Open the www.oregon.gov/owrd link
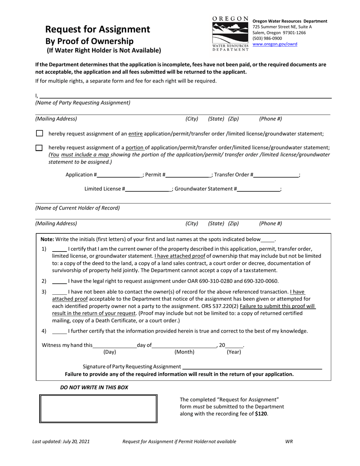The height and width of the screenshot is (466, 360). [x=275, y=44]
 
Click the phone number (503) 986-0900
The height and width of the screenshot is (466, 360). [x=267, y=38]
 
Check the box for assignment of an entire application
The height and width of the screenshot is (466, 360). [x=39, y=133]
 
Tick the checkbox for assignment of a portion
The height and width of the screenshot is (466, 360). [x=39, y=148]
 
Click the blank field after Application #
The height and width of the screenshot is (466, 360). [x=119, y=175]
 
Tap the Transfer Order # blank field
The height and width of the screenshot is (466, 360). [x=276, y=175]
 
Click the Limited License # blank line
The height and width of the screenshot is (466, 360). [x=147, y=189]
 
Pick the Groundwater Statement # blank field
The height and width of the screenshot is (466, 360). [x=259, y=189]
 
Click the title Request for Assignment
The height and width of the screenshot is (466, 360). [x=98, y=30]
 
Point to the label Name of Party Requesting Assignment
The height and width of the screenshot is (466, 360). [x=83, y=103]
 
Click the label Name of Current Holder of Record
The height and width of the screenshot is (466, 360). [x=77, y=208]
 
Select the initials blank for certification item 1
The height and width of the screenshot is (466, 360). [x=59, y=249]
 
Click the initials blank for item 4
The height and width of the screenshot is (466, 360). [x=59, y=332]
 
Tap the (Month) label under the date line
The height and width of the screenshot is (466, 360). [x=184, y=352]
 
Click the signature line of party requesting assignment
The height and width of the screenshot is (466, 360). [x=252, y=367]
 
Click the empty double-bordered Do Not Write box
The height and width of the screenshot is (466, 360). [x=99, y=408]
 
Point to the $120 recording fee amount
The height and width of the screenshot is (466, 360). [x=261, y=414]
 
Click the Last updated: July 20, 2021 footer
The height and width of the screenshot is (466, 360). [x=61, y=441]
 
